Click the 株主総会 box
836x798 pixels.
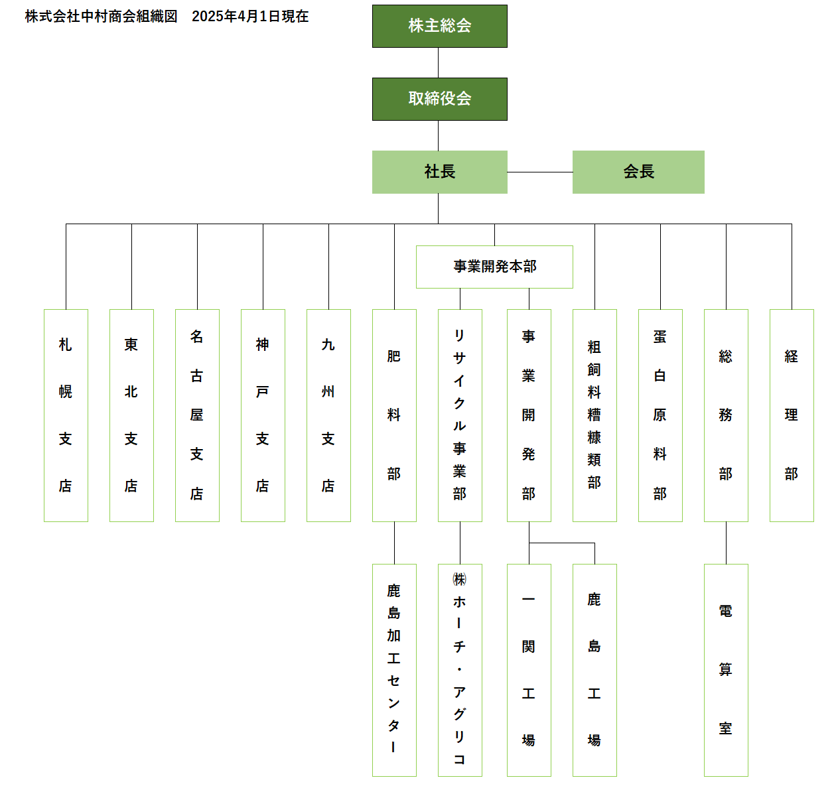(439, 26)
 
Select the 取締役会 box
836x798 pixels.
(439, 100)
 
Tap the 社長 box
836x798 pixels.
(439, 172)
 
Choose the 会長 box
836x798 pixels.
(638, 172)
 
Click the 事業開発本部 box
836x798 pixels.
(494, 267)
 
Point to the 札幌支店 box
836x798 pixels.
(66, 415)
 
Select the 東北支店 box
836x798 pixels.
(131, 415)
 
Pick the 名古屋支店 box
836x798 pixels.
(197, 415)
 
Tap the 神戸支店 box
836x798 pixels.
(263, 415)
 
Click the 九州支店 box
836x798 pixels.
(328, 415)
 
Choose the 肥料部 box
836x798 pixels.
(394, 415)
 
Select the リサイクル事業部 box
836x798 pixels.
(460, 415)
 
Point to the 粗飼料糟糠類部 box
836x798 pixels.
(594, 415)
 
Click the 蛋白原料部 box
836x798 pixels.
(660, 415)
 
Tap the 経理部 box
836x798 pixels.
(792, 415)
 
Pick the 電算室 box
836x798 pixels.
(726, 670)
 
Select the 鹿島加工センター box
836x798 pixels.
(394, 670)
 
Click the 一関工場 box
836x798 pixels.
(529, 670)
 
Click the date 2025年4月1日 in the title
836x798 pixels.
(236, 17)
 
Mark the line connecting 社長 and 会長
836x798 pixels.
(540, 172)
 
